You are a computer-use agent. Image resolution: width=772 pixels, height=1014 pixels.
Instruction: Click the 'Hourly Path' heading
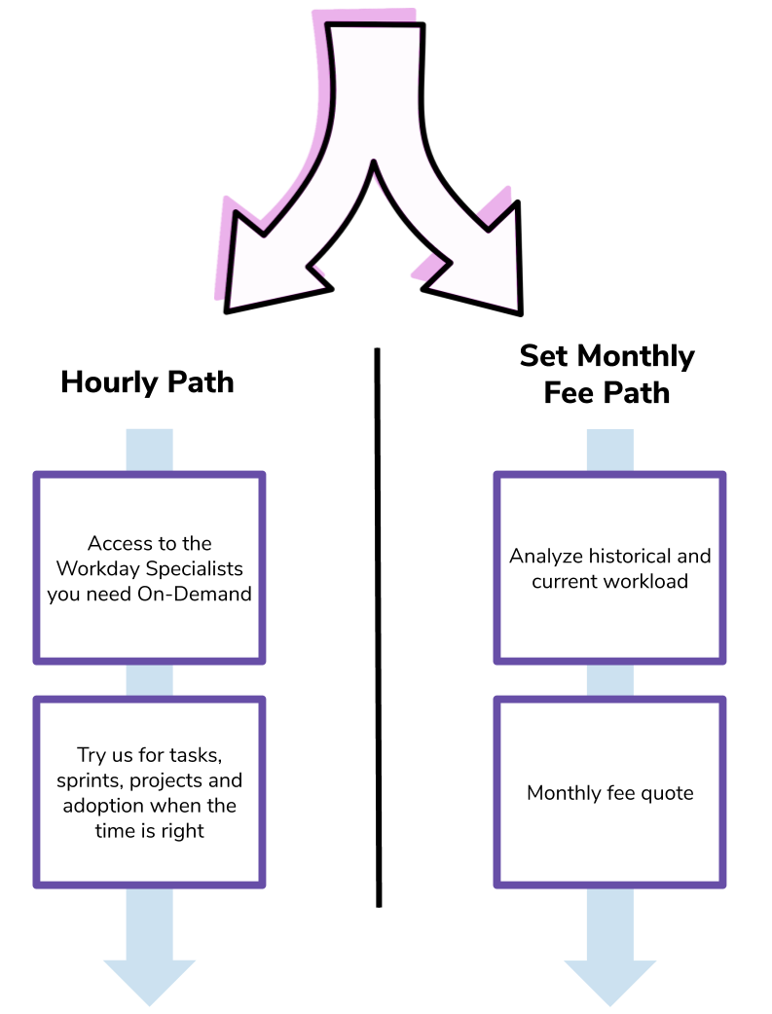tap(147, 382)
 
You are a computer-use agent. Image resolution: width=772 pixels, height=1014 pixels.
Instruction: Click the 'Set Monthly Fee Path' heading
tap(607, 374)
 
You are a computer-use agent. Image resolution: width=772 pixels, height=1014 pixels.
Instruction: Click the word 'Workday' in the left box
tap(98, 568)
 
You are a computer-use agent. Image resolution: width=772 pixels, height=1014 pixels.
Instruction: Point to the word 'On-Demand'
tap(194, 594)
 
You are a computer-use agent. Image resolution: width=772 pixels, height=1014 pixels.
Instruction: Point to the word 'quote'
tap(667, 793)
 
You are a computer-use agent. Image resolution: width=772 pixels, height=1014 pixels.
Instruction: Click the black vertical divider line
tap(378, 628)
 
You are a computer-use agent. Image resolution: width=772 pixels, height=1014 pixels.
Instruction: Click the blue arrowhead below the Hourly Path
tap(150, 980)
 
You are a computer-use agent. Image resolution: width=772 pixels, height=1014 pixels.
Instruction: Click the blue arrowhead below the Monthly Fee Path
tap(609, 980)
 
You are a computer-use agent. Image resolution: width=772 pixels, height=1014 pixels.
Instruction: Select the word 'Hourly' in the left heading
tap(109, 382)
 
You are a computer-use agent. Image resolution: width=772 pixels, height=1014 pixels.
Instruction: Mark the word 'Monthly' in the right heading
tap(636, 356)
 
